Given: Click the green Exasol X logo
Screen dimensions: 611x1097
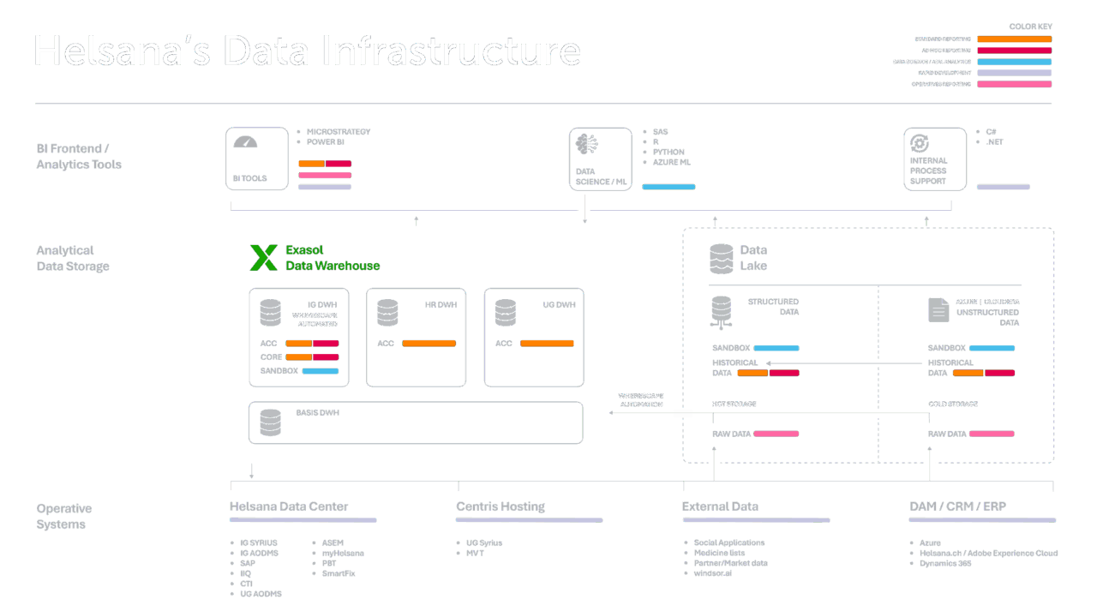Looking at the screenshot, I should pyautogui.click(x=263, y=258).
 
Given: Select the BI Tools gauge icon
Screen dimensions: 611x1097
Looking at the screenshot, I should pyautogui.click(x=245, y=142).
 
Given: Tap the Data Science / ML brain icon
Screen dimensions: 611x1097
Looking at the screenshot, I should pyautogui.click(x=587, y=143).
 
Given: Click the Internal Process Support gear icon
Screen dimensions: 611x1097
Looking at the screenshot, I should pyautogui.click(x=920, y=143).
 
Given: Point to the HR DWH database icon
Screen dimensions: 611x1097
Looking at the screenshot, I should pyautogui.click(x=387, y=313).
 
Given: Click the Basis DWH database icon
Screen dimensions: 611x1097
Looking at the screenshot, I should pyautogui.click(x=270, y=422).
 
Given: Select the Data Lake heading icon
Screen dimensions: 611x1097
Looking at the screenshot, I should pyautogui.click(x=721, y=258).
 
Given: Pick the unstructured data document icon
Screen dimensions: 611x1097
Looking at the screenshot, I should pyautogui.click(x=938, y=309).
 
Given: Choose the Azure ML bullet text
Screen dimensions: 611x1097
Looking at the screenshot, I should pyautogui.click(x=671, y=162).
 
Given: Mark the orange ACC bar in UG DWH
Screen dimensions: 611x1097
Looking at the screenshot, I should pyautogui.click(x=547, y=344).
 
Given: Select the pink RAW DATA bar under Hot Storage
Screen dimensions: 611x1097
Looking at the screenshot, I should pyautogui.click(x=776, y=434).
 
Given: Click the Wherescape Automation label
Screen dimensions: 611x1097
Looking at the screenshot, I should pyautogui.click(x=640, y=399).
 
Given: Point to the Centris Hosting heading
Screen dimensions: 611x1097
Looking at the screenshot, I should pyautogui.click(x=501, y=506).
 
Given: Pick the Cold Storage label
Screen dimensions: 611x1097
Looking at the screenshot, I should pyautogui.click(x=952, y=404).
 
